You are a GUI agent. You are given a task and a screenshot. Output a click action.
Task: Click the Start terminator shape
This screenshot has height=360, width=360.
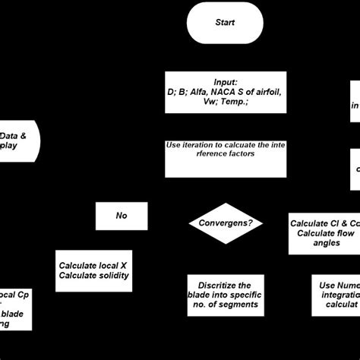[x=224, y=22]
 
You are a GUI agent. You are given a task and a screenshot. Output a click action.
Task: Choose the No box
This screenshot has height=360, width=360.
[x=121, y=216]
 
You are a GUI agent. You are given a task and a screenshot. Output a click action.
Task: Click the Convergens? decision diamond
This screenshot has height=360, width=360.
[x=225, y=224]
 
